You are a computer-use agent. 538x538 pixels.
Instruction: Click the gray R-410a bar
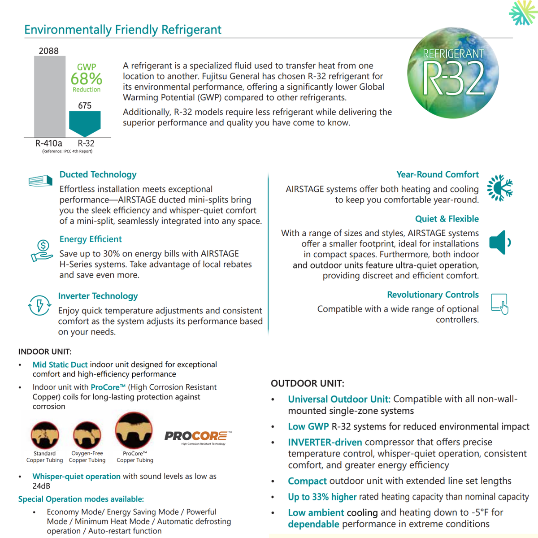pyautogui.click(x=50, y=96)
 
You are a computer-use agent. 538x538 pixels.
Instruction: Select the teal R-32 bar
pyautogui.click(x=85, y=122)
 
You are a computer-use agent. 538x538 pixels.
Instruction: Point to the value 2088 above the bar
pyautogui.click(x=48, y=51)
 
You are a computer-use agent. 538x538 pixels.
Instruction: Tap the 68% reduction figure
pyautogui.click(x=87, y=79)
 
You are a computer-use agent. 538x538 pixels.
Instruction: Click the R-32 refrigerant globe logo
pyautogui.click(x=453, y=73)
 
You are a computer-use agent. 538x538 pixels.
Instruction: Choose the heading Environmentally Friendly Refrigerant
pyautogui.click(x=123, y=30)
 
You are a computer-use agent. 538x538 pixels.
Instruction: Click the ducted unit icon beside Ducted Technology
pyautogui.click(x=40, y=181)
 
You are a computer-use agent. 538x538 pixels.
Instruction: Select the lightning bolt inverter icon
pyautogui.click(x=39, y=305)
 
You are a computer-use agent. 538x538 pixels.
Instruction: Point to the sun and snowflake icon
pyautogui.click(x=500, y=188)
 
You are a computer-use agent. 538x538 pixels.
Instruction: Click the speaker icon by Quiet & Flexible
pyautogui.click(x=499, y=243)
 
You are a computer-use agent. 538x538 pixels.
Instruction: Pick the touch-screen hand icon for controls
pyautogui.click(x=499, y=304)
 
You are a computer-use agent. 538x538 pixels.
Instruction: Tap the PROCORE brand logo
pyautogui.click(x=198, y=436)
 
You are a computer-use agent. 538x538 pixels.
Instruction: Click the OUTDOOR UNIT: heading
pyautogui.click(x=308, y=383)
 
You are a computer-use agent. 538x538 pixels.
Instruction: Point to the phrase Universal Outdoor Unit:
pyautogui.click(x=339, y=399)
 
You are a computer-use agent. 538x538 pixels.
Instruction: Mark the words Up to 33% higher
pyautogui.click(x=322, y=497)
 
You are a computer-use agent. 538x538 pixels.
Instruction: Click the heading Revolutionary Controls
pyautogui.click(x=433, y=295)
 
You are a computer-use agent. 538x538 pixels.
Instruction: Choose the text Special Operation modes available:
pyautogui.click(x=81, y=499)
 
